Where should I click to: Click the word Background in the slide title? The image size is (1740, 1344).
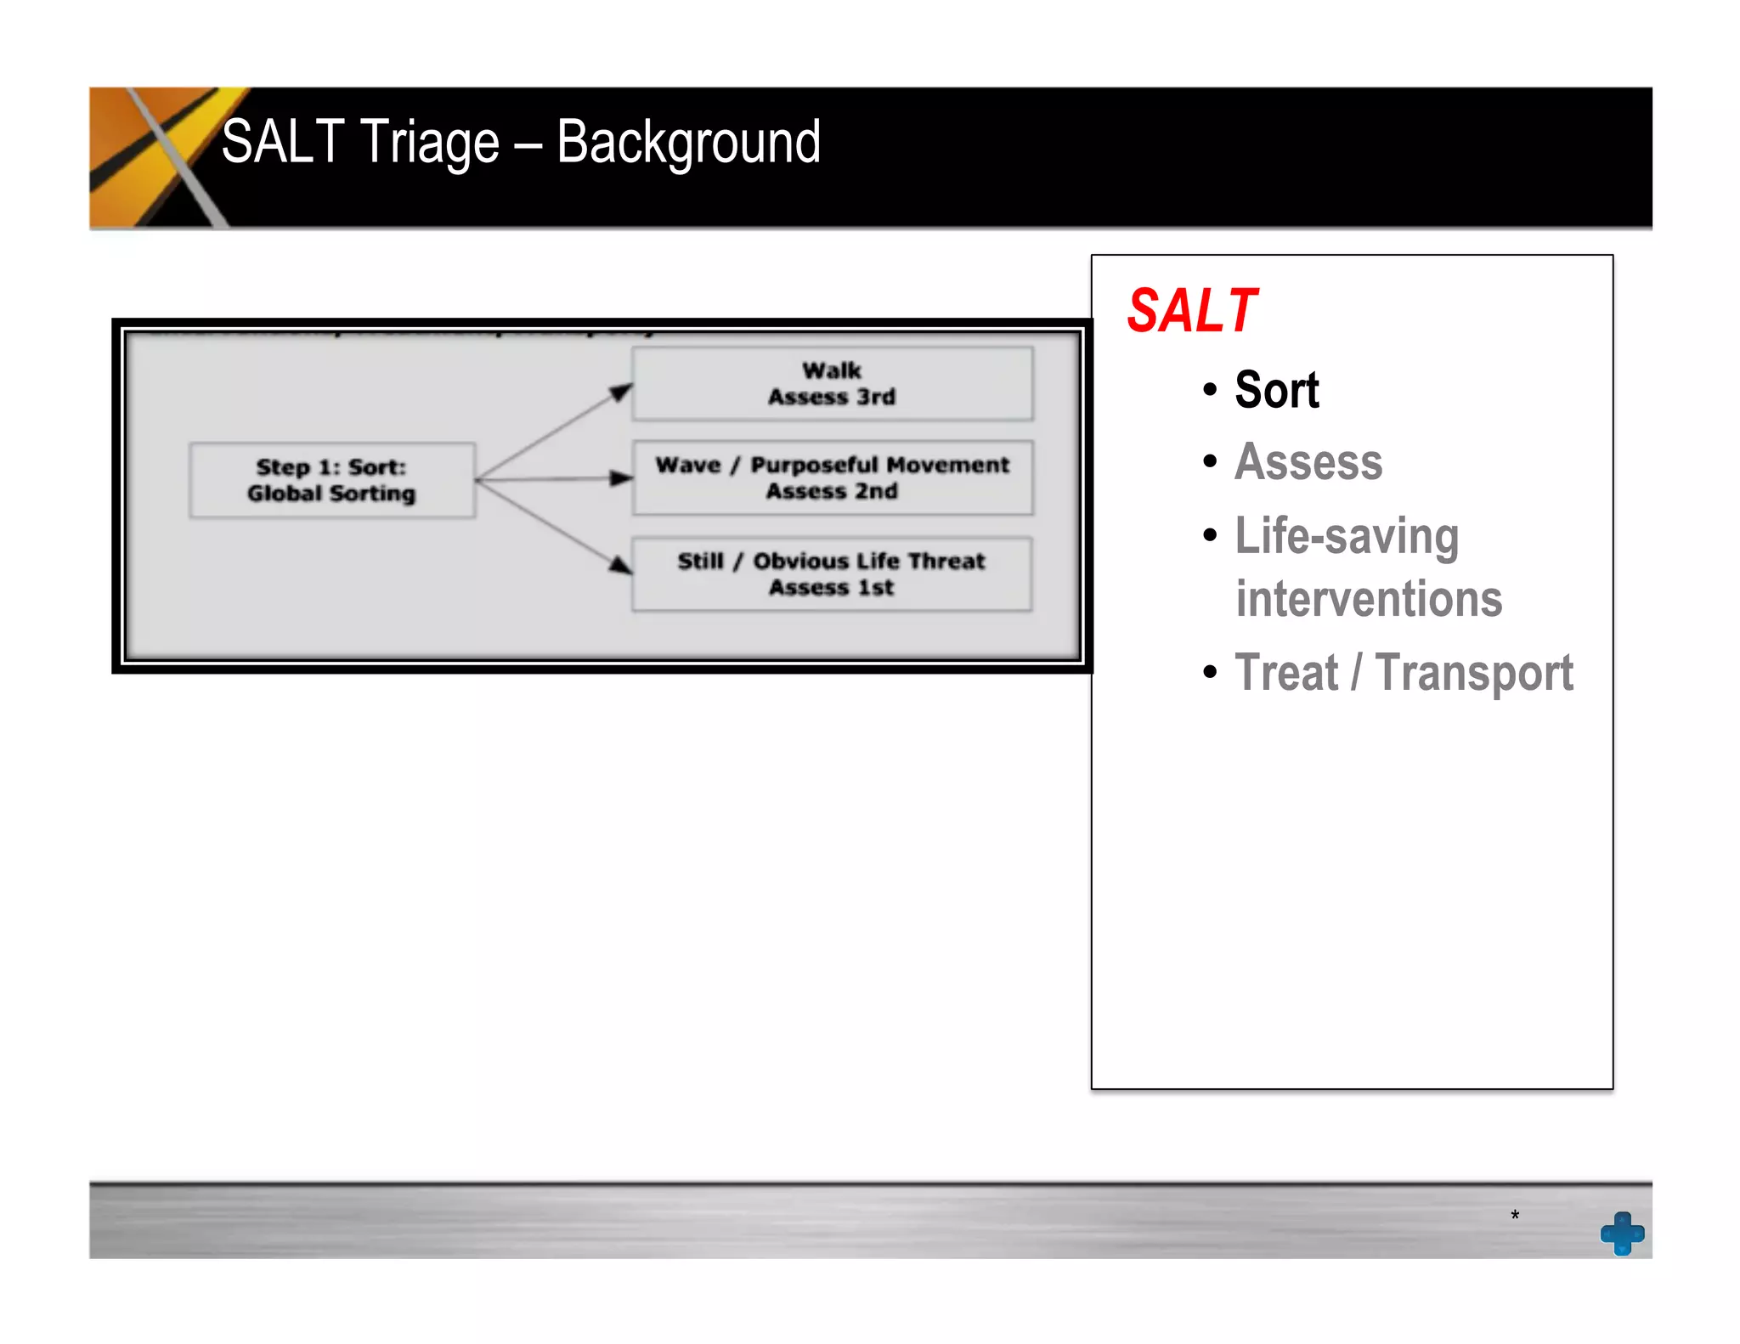pos(688,142)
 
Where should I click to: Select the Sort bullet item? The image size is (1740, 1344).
pos(1276,391)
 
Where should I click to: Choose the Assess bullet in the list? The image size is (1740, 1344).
pos(1308,462)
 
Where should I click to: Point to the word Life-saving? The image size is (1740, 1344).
pos(1347,536)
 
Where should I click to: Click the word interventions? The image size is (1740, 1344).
pos(1369,599)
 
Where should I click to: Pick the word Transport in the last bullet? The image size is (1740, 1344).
pos(1474,673)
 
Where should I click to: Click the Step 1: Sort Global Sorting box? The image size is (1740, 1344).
pos(331,480)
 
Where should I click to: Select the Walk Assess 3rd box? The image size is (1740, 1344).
pos(832,384)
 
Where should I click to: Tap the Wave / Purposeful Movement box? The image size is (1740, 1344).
pos(832,477)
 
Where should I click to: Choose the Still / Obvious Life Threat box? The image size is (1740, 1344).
pos(832,574)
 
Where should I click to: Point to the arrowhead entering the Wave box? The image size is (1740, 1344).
pos(622,478)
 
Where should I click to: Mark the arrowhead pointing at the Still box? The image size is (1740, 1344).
pos(621,564)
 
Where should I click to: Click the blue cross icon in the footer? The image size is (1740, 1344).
pos(1622,1233)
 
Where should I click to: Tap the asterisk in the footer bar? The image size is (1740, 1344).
pos(1515,1216)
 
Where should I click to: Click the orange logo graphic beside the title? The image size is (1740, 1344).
pos(153,157)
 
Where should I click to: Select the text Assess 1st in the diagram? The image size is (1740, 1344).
pos(832,588)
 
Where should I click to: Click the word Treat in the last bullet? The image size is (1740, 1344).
pos(1286,673)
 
